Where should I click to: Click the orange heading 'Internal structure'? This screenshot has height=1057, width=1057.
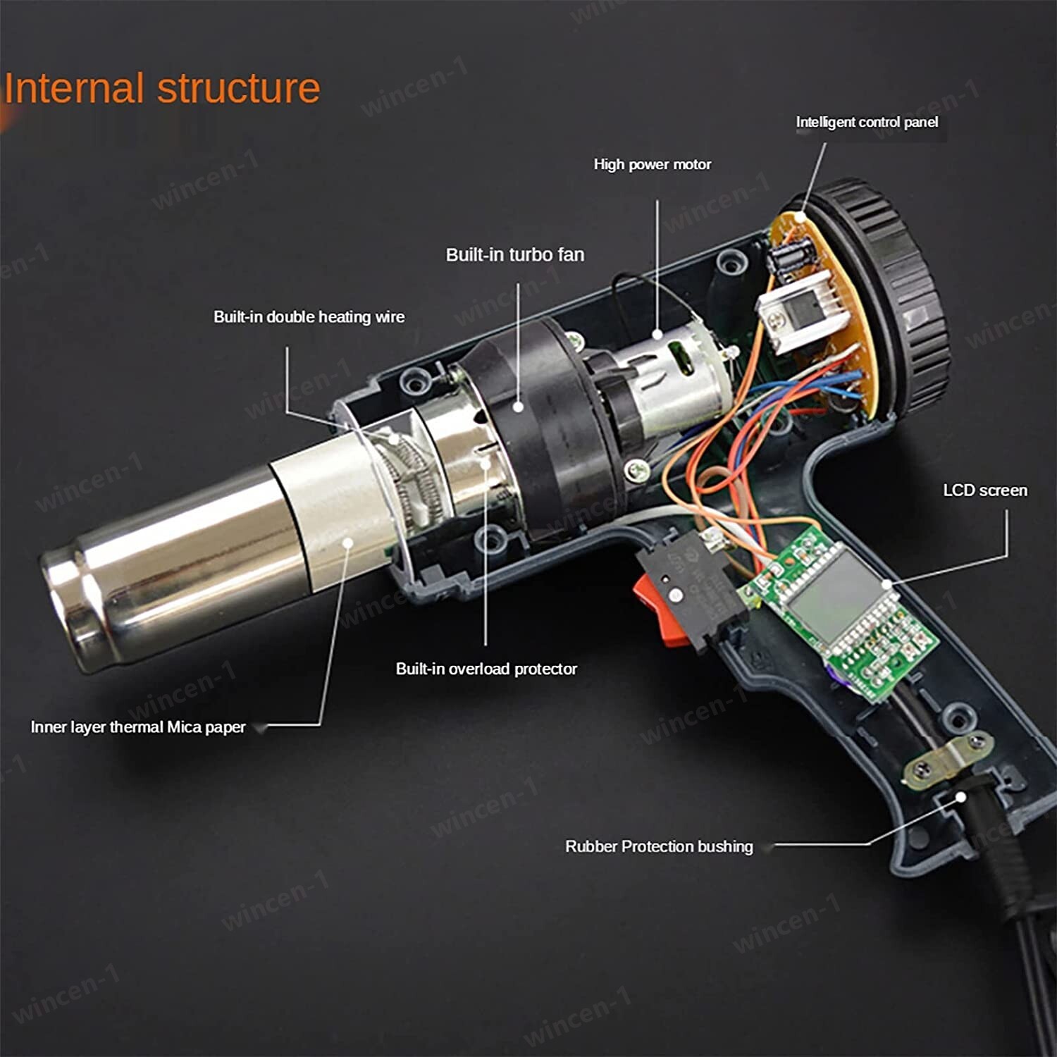[162, 89]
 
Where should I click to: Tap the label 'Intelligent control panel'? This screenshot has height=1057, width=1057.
[867, 123]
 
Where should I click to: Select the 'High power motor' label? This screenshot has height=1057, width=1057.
[652, 165]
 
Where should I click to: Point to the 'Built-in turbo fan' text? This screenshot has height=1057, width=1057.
[515, 255]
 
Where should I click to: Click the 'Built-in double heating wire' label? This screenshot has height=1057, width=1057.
[309, 317]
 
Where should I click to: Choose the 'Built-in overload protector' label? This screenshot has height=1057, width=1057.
[486, 669]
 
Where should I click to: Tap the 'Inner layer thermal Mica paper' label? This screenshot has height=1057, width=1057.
[138, 727]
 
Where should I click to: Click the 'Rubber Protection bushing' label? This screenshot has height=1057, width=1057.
[659, 846]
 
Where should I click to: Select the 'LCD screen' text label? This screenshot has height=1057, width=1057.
[984, 490]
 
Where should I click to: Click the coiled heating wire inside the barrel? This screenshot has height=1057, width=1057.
[409, 479]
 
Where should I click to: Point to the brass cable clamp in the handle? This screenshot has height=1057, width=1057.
[948, 758]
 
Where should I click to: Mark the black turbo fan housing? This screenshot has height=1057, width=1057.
[536, 423]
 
